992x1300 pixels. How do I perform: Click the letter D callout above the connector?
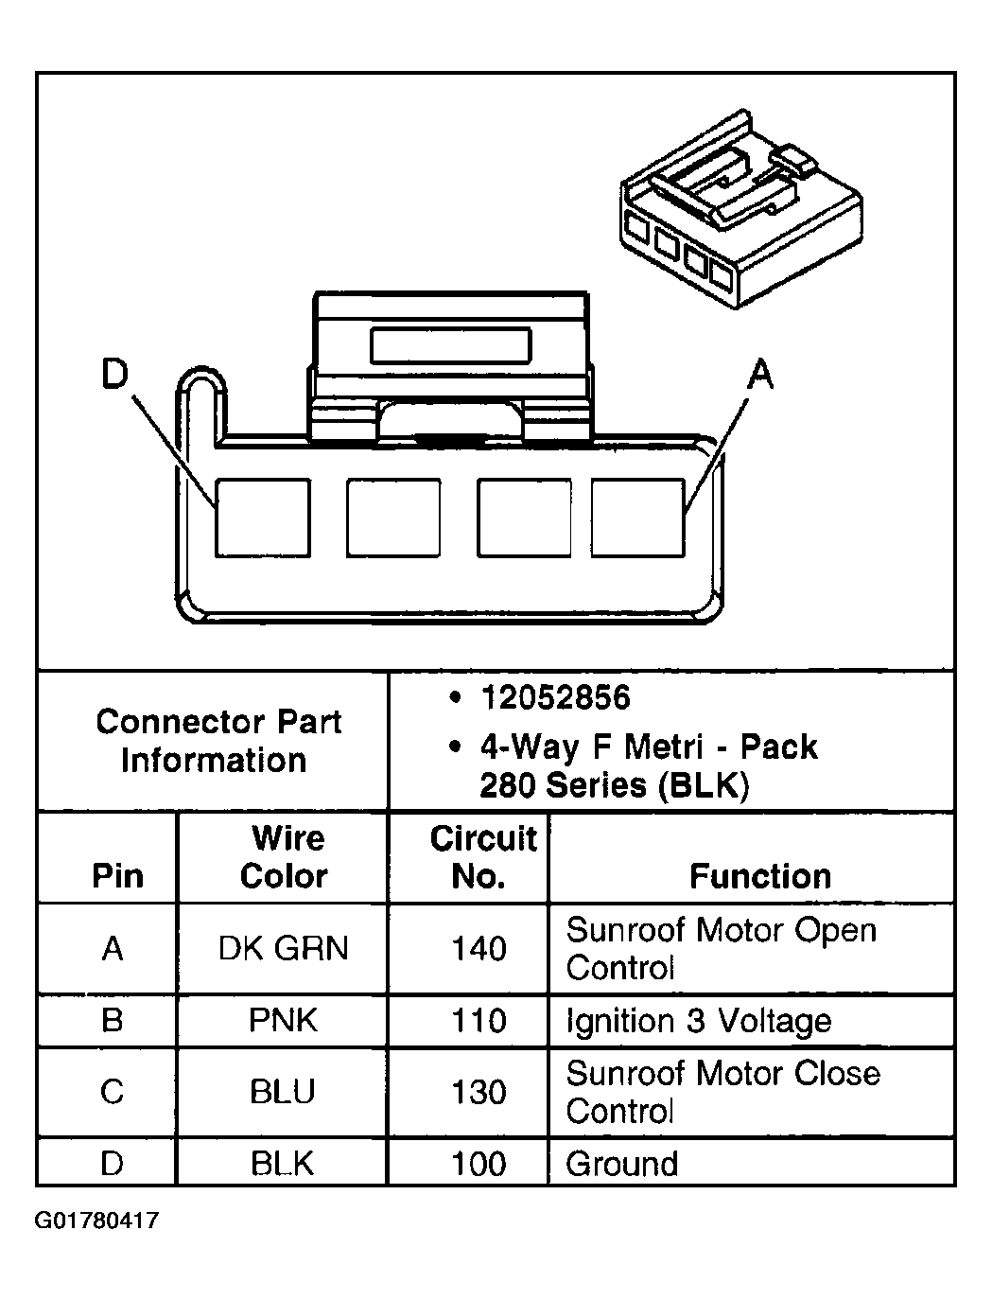(114, 373)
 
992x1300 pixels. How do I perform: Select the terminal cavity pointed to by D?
(263, 518)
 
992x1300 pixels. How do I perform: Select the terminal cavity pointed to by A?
(638, 518)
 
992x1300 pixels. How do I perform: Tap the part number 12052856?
(555, 697)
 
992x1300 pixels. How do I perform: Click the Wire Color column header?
(284, 857)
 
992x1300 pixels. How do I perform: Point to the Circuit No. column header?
(483, 857)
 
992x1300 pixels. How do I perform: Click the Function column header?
(760, 876)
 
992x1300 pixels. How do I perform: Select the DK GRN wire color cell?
(283, 948)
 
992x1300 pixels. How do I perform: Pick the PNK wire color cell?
(283, 1020)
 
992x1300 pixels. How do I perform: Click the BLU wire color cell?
(282, 1091)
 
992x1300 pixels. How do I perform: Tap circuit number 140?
(479, 948)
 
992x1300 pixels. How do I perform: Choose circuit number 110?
(479, 1021)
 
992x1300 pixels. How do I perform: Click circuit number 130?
(479, 1092)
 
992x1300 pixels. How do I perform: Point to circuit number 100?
(479, 1163)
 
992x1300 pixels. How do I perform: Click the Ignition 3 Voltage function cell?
(699, 1021)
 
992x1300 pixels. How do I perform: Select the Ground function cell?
(621, 1163)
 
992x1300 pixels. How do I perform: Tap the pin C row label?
(112, 1091)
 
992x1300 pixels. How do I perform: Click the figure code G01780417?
(96, 1220)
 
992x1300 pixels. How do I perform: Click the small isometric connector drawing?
(741, 208)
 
